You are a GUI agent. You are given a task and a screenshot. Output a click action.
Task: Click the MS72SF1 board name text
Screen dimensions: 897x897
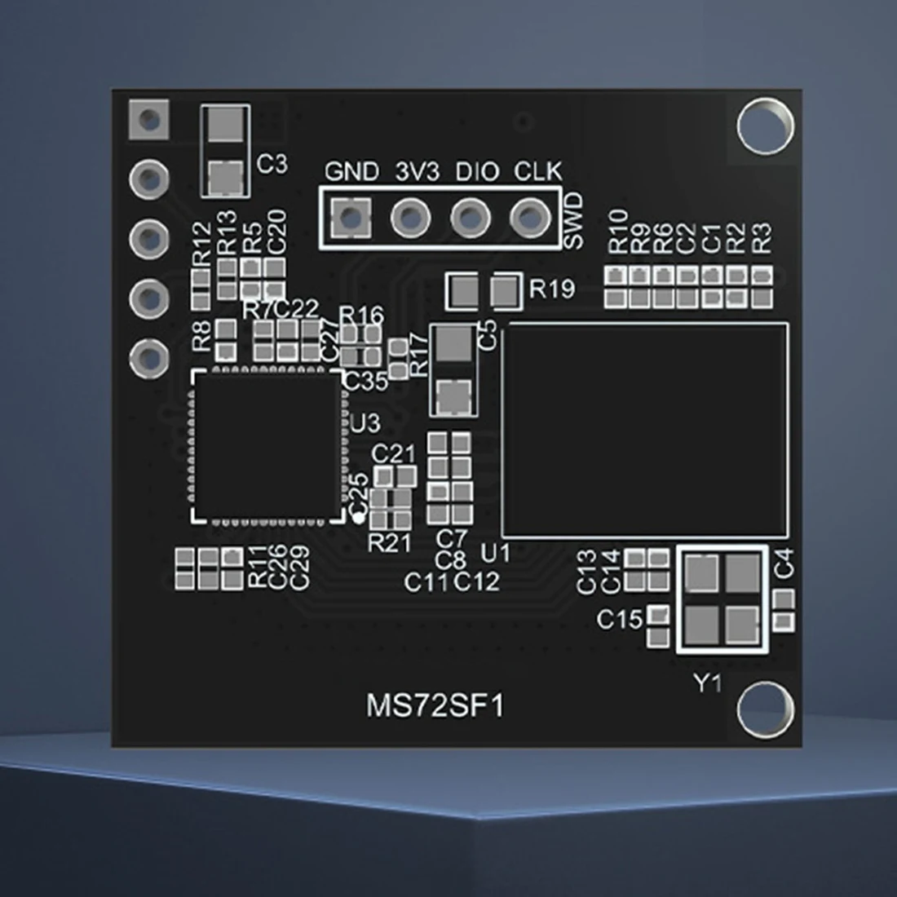click(x=435, y=706)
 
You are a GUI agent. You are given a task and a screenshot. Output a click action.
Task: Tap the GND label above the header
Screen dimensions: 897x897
click(x=351, y=171)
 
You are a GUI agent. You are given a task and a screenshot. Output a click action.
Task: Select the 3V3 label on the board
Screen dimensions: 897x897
click(x=418, y=171)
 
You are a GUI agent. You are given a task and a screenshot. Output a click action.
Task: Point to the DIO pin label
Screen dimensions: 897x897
click(x=478, y=171)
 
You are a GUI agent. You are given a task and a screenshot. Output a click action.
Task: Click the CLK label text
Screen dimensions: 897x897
click(x=538, y=171)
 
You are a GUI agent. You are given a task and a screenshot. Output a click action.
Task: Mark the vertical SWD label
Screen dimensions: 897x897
click(x=574, y=221)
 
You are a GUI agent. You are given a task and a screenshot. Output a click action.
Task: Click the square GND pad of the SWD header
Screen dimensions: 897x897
click(x=351, y=218)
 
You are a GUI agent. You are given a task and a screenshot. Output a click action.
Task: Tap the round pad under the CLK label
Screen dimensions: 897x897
click(x=530, y=218)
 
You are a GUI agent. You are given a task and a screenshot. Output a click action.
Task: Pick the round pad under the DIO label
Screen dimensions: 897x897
click(x=471, y=218)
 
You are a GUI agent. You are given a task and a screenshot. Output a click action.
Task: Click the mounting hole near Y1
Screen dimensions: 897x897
click(x=766, y=709)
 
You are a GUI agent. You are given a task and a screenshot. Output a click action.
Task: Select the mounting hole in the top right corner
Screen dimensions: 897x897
click(x=766, y=126)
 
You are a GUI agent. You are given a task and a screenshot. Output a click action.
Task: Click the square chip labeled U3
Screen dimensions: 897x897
click(x=268, y=446)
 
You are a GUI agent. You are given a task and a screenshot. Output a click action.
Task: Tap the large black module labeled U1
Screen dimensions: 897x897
click(x=645, y=431)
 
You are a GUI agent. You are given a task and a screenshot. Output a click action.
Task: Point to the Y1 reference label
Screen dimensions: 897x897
click(x=708, y=683)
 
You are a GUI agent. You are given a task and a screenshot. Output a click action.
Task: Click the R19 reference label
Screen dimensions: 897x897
click(x=552, y=289)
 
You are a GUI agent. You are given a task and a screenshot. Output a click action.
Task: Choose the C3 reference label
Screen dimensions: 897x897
click(x=272, y=164)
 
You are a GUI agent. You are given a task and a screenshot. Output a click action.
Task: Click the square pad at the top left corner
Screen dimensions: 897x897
click(x=149, y=120)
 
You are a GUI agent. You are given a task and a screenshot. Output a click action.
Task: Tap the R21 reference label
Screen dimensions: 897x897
click(x=390, y=543)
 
